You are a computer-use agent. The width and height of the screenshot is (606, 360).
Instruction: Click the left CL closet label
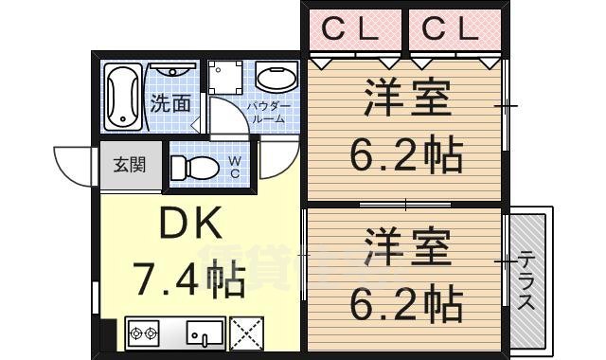click(349, 28)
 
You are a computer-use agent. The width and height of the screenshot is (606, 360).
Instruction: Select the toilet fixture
click(195, 167)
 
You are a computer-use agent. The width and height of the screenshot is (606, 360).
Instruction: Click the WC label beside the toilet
click(235, 168)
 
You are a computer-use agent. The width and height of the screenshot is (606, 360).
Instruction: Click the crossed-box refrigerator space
click(248, 331)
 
